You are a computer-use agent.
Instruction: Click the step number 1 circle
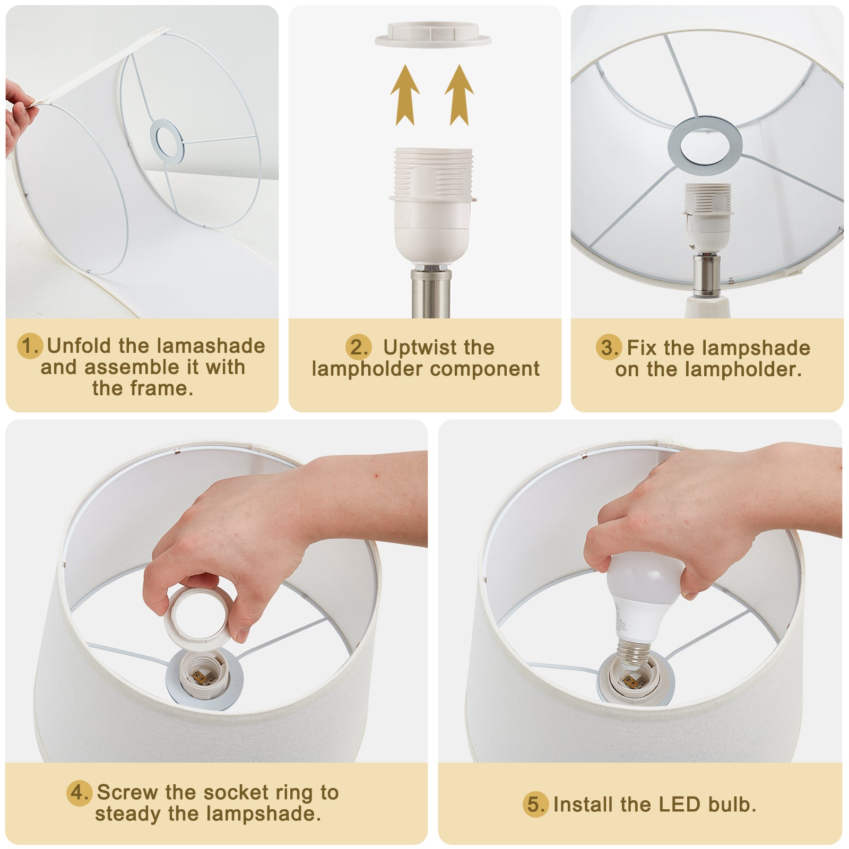coord(30,346)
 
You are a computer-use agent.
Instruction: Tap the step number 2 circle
coord(358,348)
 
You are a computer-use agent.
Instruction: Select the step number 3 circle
coord(608,348)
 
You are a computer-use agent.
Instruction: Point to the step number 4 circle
coord(79,793)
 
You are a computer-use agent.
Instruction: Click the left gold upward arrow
coord(405,95)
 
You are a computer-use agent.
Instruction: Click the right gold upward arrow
coord(459,95)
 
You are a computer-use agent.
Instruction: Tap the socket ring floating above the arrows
coord(433,34)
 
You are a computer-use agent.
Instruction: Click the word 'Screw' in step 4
coord(128,793)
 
